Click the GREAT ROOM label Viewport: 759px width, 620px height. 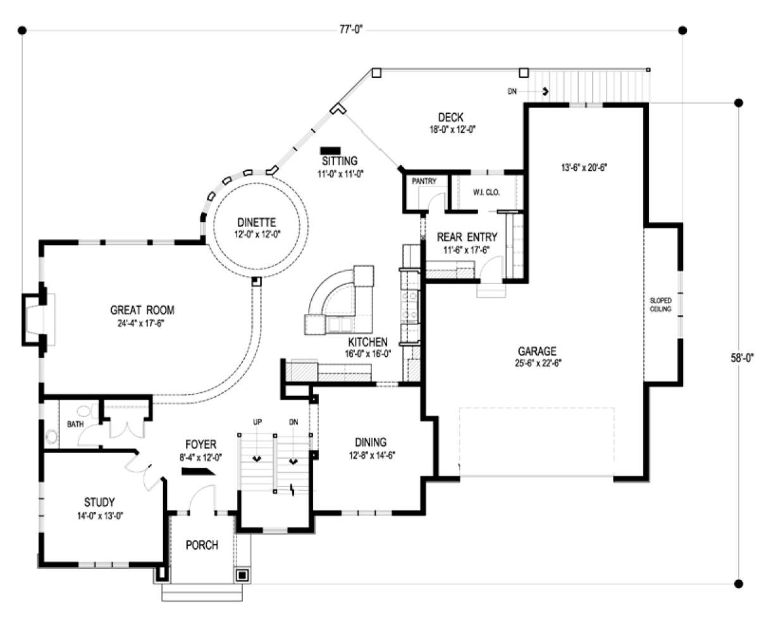(142, 310)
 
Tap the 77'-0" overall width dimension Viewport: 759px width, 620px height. (351, 30)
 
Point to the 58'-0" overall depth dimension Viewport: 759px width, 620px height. (742, 358)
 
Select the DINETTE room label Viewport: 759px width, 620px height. (257, 222)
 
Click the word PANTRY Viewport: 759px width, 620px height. (424, 181)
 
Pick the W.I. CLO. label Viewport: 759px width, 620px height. (486, 192)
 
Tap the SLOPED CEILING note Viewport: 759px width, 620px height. (660, 304)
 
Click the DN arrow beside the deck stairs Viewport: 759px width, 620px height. (544, 92)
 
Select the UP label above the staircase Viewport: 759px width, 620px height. (257, 422)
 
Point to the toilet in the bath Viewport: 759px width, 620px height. (87, 411)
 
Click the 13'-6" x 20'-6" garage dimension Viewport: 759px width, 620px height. (584, 168)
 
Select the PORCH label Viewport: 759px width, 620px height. (202, 545)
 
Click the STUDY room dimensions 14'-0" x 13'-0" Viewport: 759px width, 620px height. (100, 516)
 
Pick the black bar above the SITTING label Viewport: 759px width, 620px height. (331, 150)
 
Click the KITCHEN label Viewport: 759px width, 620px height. (368, 342)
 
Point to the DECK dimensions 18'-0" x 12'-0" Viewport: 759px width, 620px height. (452, 129)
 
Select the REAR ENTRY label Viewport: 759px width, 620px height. (467, 237)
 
